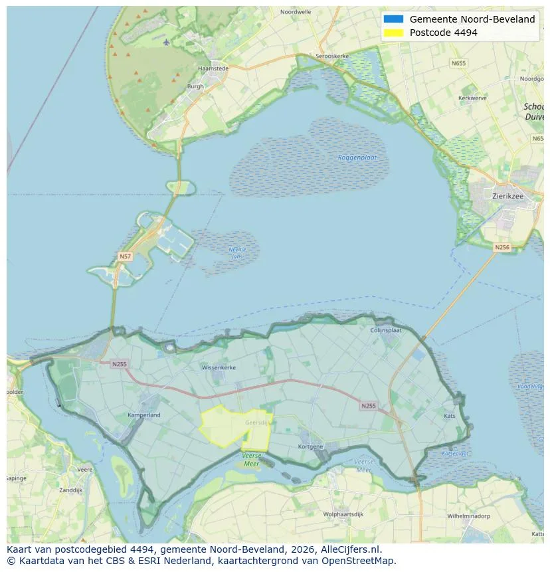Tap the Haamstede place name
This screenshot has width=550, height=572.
[x=213, y=68]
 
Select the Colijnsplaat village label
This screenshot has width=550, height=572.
[x=385, y=330]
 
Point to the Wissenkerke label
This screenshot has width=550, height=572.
[x=219, y=367]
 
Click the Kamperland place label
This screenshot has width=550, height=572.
[x=144, y=415]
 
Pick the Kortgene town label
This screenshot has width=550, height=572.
[x=310, y=446]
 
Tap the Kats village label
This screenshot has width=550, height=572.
[x=450, y=416]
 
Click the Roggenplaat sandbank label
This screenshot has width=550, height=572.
[x=357, y=157]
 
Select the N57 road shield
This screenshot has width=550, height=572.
[x=125, y=256]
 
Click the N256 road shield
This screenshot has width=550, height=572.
[x=502, y=247]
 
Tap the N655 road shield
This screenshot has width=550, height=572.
[x=458, y=63]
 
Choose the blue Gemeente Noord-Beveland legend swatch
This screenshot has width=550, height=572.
[x=393, y=19]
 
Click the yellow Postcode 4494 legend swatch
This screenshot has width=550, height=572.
[x=393, y=33]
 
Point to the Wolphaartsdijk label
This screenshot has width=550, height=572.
[x=344, y=514]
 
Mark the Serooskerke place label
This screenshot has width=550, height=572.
[x=331, y=56]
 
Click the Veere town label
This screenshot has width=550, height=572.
[x=84, y=469]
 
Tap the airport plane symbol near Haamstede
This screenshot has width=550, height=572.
[x=166, y=43]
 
